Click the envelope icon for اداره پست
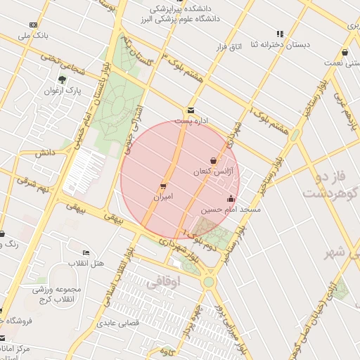pyautogui.click(x=191, y=110)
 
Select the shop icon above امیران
pyautogui.click(x=163, y=186)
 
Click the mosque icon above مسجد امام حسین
pyautogui.click(x=231, y=198)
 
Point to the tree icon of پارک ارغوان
pyautogui.click(x=63, y=79)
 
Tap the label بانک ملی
pyautogui.click(x=35, y=34)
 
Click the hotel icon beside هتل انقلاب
pyautogui.click(x=86, y=252)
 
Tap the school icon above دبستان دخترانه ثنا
pyautogui.click(x=280, y=33)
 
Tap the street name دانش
pyautogui.click(x=46, y=152)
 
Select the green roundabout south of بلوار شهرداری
pyautogui.click(x=208, y=281)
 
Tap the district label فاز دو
pyautogui.click(x=320, y=174)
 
